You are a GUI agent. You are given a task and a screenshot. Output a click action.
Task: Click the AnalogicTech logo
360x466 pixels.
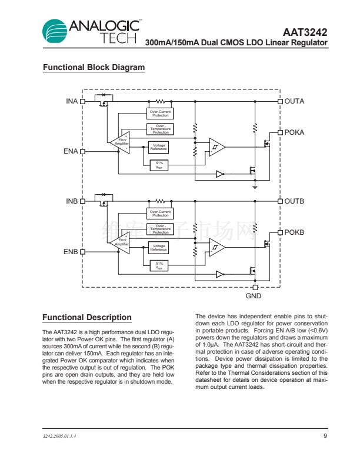[x=91, y=31]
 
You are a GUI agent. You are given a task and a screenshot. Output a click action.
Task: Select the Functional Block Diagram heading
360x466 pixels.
[x=94, y=68]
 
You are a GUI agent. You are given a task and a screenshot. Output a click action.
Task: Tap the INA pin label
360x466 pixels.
[x=72, y=101]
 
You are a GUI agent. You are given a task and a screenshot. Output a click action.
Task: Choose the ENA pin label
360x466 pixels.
[x=71, y=151]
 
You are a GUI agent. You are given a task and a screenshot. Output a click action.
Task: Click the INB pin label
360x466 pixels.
[x=72, y=201]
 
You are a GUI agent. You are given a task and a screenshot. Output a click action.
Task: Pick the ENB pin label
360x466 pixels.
[x=71, y=252]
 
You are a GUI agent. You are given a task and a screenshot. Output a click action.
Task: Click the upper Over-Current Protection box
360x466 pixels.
[x=160, y=113]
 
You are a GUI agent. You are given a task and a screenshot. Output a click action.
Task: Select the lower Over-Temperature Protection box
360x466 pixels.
[x=160, y=228]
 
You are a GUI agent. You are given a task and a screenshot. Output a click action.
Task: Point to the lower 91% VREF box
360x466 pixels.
[x=159, y=265]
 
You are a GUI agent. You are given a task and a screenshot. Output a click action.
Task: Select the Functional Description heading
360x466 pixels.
[x=86, y=318]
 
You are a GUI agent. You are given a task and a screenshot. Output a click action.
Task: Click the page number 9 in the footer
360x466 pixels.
[x=325, y=436]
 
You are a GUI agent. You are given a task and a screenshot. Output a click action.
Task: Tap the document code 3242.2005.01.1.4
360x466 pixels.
[x=59, y=437]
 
